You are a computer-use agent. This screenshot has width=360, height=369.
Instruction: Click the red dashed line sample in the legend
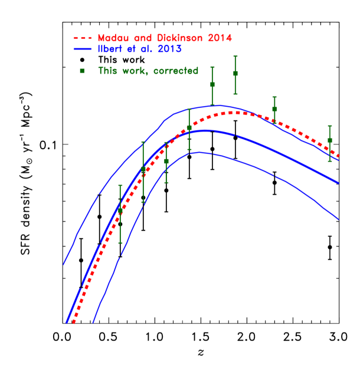click(x=82, y=39)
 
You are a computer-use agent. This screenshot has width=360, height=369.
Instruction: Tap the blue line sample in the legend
click(x=82, y=50)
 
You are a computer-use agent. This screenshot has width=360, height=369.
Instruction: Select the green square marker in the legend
click(x=82, y=71)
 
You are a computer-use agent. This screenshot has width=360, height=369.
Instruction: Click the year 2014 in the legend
click(x=220, y=38)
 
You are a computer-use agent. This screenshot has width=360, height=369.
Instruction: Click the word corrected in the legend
click(x=176, y=71)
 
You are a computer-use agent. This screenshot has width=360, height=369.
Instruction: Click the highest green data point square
click(x=235, y=73)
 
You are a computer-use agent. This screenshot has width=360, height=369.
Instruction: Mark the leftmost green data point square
click(x=120, y=210)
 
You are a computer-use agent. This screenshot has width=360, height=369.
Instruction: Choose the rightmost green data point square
click(x=330, y=140)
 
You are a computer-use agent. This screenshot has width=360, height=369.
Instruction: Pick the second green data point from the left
click(x=143, y=170)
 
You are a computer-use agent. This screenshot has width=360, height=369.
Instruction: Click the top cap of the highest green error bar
click(x=235, y=56)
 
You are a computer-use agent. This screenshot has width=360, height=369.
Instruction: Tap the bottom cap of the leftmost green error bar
click(x=120, y=243)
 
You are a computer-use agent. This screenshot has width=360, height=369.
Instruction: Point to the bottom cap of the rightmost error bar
click(x=330, y=161)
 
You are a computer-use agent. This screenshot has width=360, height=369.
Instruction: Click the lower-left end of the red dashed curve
click(x=73, y=322)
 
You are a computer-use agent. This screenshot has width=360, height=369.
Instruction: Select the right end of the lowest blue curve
click(x=339, y=219)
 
